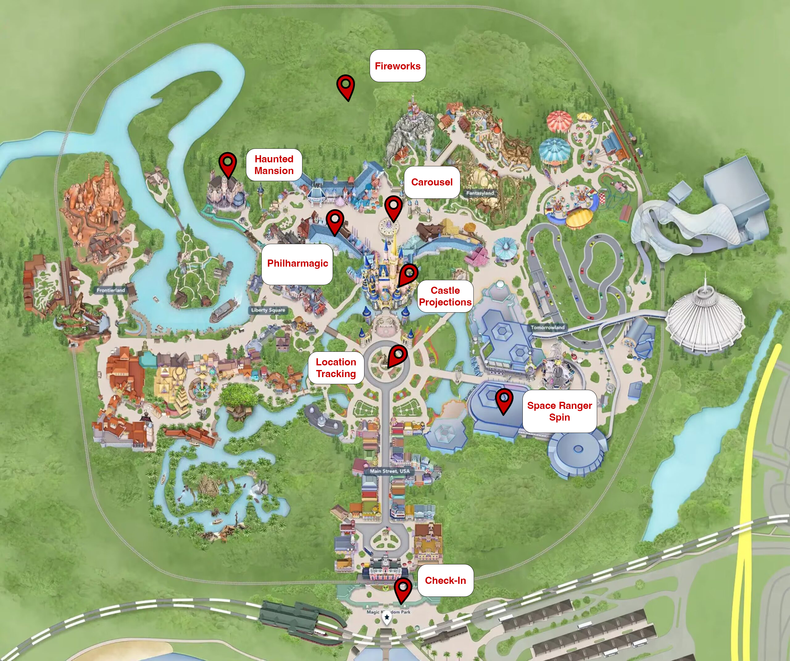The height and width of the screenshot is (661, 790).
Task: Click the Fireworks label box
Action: tap(398, 66)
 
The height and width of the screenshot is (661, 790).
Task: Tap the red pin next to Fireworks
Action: tap(345, 86)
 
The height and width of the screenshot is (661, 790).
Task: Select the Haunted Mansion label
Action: tap(274, 165)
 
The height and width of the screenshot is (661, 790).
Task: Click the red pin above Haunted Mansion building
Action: tap(228, 163)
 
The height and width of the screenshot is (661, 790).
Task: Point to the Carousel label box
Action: tap(432, 182)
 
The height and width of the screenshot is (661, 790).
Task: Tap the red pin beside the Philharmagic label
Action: tap(335, 221)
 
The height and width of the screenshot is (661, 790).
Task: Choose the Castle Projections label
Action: tap(445, 296)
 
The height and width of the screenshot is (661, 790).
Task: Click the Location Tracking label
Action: tap(336, 368)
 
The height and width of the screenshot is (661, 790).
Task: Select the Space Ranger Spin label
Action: tap(559, 411)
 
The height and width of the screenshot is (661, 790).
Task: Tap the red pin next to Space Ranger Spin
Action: tap(504, 400)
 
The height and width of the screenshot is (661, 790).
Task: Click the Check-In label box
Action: tap(445, 580)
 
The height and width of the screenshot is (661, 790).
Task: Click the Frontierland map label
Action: tap(110, 290)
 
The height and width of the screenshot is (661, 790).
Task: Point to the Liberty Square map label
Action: tap(268, 310)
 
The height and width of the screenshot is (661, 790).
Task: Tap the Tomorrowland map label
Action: tap(548, 327)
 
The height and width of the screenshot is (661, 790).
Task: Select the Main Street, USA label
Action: tap(390, 471)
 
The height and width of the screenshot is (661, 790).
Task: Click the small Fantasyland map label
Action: tap(480, 193)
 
